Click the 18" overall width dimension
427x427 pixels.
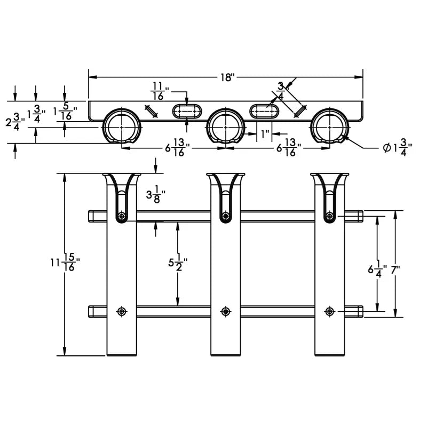(x=227, y=77)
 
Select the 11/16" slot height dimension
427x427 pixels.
(x=160, y=91)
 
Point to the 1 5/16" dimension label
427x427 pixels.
(x=65, y=112)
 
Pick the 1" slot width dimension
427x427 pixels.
(x=265, y=134)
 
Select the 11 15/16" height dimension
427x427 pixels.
(x=65, y=262)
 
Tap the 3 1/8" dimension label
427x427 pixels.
(x=156, y=194)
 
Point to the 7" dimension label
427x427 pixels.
(x=396, y=270)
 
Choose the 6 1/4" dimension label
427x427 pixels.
(x=377, y=270)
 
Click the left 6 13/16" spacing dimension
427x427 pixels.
(x=178, y=147)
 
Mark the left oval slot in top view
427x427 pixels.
(x=187, y=112)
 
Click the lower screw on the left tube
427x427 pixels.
(x=122, y=311)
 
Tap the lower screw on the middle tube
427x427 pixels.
(x=225, y=311)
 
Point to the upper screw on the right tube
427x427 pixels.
(x=329, y=216)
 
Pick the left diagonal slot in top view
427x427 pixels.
(x=152, y=111)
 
